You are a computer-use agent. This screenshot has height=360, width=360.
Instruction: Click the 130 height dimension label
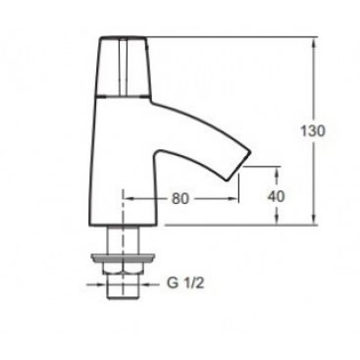313,130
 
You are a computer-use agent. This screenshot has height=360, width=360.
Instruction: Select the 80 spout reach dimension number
180,198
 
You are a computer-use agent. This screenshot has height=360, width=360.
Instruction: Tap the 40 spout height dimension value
276,196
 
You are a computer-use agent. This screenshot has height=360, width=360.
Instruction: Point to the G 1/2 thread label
185,283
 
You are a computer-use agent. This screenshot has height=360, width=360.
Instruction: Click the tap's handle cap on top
124,67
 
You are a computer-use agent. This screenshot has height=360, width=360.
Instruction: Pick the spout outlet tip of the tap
238,169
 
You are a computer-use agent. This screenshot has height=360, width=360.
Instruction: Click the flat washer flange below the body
123,258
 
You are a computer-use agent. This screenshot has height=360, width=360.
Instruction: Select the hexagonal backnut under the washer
123,268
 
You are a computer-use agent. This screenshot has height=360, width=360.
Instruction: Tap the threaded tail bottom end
123,297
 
